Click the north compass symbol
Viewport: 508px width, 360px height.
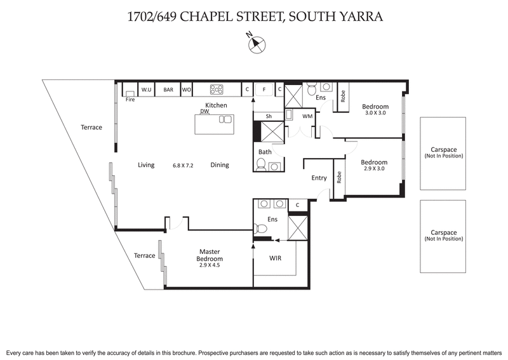tap(257, 44)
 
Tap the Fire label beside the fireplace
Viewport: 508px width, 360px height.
tap(130, 100)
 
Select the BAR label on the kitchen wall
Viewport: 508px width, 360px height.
tap(168, 90)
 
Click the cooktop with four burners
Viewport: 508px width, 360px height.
tap(216, 90)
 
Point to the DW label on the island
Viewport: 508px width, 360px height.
tap(204, 111)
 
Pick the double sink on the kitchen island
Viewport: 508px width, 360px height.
tap(225, 119)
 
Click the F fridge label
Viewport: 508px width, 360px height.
tap(264, 90)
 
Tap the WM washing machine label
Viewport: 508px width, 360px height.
tap(307, 117)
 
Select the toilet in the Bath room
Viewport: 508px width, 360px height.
tap(262, 165)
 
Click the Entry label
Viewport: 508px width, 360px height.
tap(319, 178)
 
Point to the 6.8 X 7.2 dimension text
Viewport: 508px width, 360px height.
tap(183, 165)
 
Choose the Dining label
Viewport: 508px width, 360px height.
tap(220, 165)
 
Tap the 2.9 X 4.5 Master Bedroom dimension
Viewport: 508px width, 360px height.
tap(209, 266)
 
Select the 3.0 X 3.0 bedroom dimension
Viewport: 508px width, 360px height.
tap(375, 113)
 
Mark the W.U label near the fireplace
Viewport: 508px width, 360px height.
tap(146, 90)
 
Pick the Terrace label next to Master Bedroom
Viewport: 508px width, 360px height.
tap(144, 256)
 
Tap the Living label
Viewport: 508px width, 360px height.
tap(147, 165)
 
